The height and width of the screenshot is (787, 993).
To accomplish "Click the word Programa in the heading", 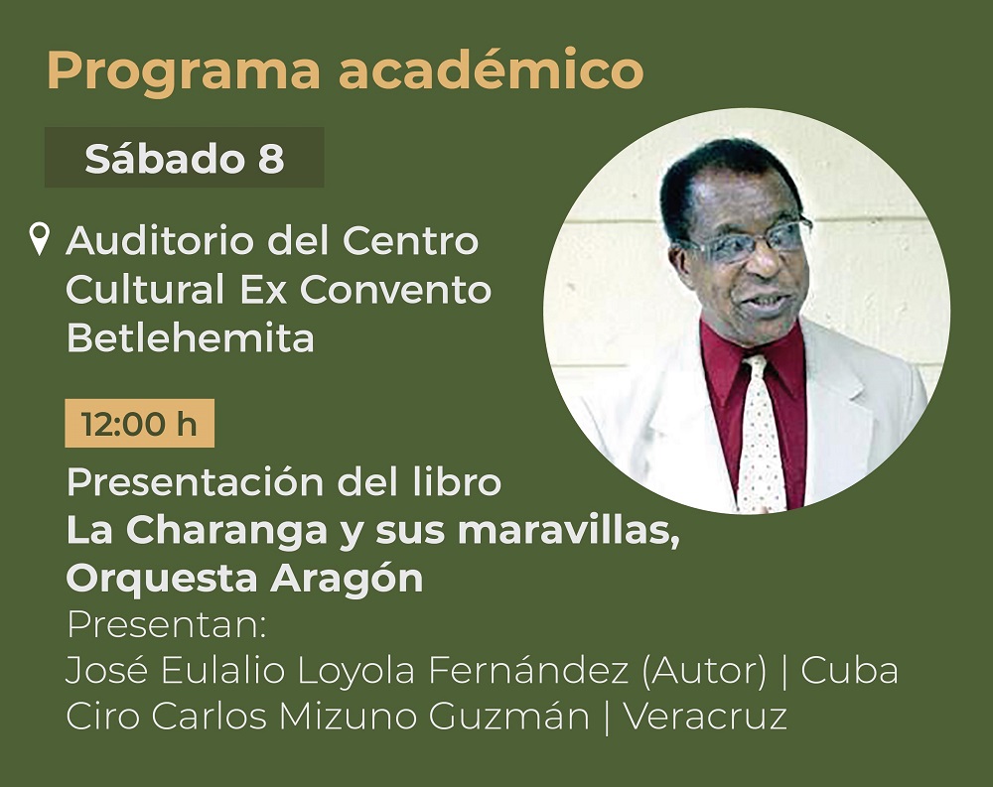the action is coord(184,70).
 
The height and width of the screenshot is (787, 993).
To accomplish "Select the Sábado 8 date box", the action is coord(185,157).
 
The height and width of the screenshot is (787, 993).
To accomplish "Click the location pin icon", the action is coord(40,239).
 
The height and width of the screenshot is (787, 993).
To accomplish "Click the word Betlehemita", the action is coord(190,337).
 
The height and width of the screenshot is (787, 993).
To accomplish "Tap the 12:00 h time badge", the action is coord(139,423).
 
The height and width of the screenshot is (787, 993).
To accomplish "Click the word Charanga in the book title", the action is coord(226,531).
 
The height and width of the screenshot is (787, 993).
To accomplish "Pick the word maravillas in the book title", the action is coord(569,531).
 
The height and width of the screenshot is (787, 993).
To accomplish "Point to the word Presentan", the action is coord(167,624).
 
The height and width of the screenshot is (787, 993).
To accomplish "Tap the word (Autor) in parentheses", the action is coord(704,671).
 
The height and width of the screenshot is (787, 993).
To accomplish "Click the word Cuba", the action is coord(849,671).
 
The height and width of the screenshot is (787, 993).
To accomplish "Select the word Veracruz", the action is coord(705,718).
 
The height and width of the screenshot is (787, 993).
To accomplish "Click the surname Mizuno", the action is coord(347,718).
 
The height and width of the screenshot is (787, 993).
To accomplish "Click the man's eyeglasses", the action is coord(749,240).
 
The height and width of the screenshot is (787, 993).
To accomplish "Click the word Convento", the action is coord(395,290).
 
